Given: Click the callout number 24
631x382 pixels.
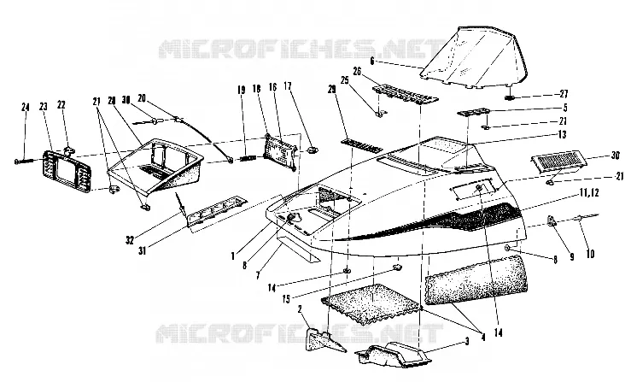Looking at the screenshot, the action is pos(26,107).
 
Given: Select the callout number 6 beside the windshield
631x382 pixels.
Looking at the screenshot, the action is pos(371,62).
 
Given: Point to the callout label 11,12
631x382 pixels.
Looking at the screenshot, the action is pos(589,193).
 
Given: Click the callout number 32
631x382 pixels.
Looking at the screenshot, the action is pos(129,240).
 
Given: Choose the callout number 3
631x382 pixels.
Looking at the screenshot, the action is pos(467,342).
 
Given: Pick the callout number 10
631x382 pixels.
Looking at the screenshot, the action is pos(590,254).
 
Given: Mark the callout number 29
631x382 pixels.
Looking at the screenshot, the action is pos(331,90).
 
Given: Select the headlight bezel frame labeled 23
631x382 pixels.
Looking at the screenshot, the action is pos(67,169).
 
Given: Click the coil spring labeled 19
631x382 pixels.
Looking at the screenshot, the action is pos(248,158).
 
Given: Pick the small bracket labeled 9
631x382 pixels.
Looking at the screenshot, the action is pos(551,221).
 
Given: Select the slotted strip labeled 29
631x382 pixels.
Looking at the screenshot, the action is pos(362,145).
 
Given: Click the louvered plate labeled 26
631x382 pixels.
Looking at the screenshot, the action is pos(405,94).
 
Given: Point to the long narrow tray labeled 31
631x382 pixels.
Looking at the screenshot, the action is pos(218,212).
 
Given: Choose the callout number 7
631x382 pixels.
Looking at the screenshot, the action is pos(258,276).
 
